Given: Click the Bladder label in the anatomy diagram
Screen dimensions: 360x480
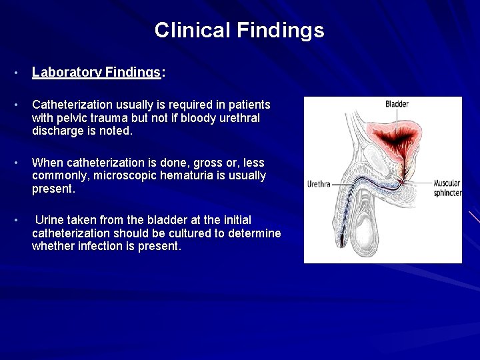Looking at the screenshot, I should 397,104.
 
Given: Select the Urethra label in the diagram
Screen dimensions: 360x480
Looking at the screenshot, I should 319,184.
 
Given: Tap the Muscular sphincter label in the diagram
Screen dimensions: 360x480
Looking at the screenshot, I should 447,188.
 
